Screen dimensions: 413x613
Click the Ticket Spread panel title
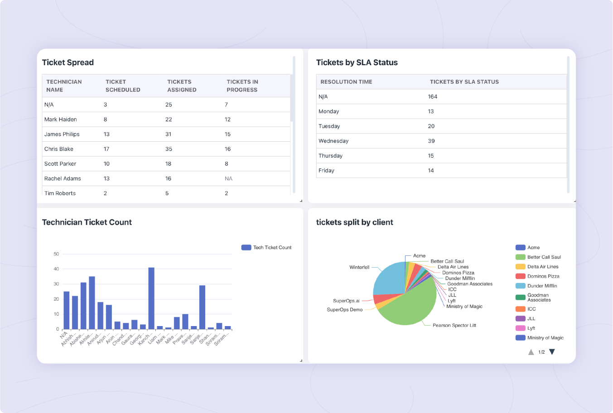coord(68,62)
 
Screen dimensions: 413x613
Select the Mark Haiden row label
coord(60,120)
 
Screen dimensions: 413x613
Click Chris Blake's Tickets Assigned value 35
coord(169,149)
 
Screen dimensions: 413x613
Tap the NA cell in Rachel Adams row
coord(228,179)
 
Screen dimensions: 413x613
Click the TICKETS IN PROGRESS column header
coord(242,86)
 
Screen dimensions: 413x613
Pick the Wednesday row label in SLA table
coord(333,141)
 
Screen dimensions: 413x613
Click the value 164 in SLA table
coord(432,97)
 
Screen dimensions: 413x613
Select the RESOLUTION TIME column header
coord(346,82)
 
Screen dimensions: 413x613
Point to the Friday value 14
coord(430,171)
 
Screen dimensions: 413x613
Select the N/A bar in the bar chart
coord(67,310)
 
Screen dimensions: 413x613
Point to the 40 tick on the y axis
coord(56,269)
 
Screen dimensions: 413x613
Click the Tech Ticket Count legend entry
coord(267,248)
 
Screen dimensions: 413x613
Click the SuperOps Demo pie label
coord(344,310)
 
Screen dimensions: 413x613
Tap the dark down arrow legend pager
coord(552,352)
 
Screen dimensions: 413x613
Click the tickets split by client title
coord(354,222)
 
